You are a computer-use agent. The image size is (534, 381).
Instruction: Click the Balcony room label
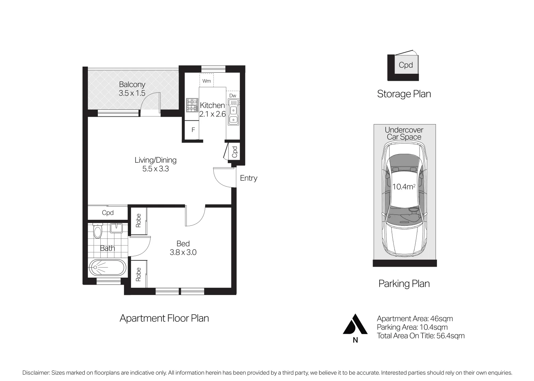(132, 85)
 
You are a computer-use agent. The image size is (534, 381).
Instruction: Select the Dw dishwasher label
(233, 96)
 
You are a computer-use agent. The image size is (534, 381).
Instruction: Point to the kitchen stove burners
(192, 105)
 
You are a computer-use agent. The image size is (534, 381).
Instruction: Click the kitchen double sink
(233, 112)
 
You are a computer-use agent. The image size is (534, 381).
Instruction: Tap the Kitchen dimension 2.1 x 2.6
(212, 114)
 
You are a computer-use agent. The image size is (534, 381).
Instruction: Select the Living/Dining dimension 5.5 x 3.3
(156, 169)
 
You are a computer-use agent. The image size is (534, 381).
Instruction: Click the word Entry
(249, 178)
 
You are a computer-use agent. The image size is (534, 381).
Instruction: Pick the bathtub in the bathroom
(107, 268)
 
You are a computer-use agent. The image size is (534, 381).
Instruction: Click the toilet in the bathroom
(97, 231)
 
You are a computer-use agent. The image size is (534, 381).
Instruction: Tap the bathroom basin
(116, 228)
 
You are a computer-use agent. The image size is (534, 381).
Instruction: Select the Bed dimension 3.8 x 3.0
(183, 253)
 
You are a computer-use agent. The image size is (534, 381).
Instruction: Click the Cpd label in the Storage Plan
(406, 65)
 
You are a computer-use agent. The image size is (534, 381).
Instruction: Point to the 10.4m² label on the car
(404, 187)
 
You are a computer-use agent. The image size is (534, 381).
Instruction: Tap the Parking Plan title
(404, 284)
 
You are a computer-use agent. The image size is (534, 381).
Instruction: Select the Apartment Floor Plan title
(164, 318)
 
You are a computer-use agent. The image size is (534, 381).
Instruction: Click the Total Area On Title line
(421, 336)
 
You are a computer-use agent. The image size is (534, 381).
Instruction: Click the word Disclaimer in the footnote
(36, 373)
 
